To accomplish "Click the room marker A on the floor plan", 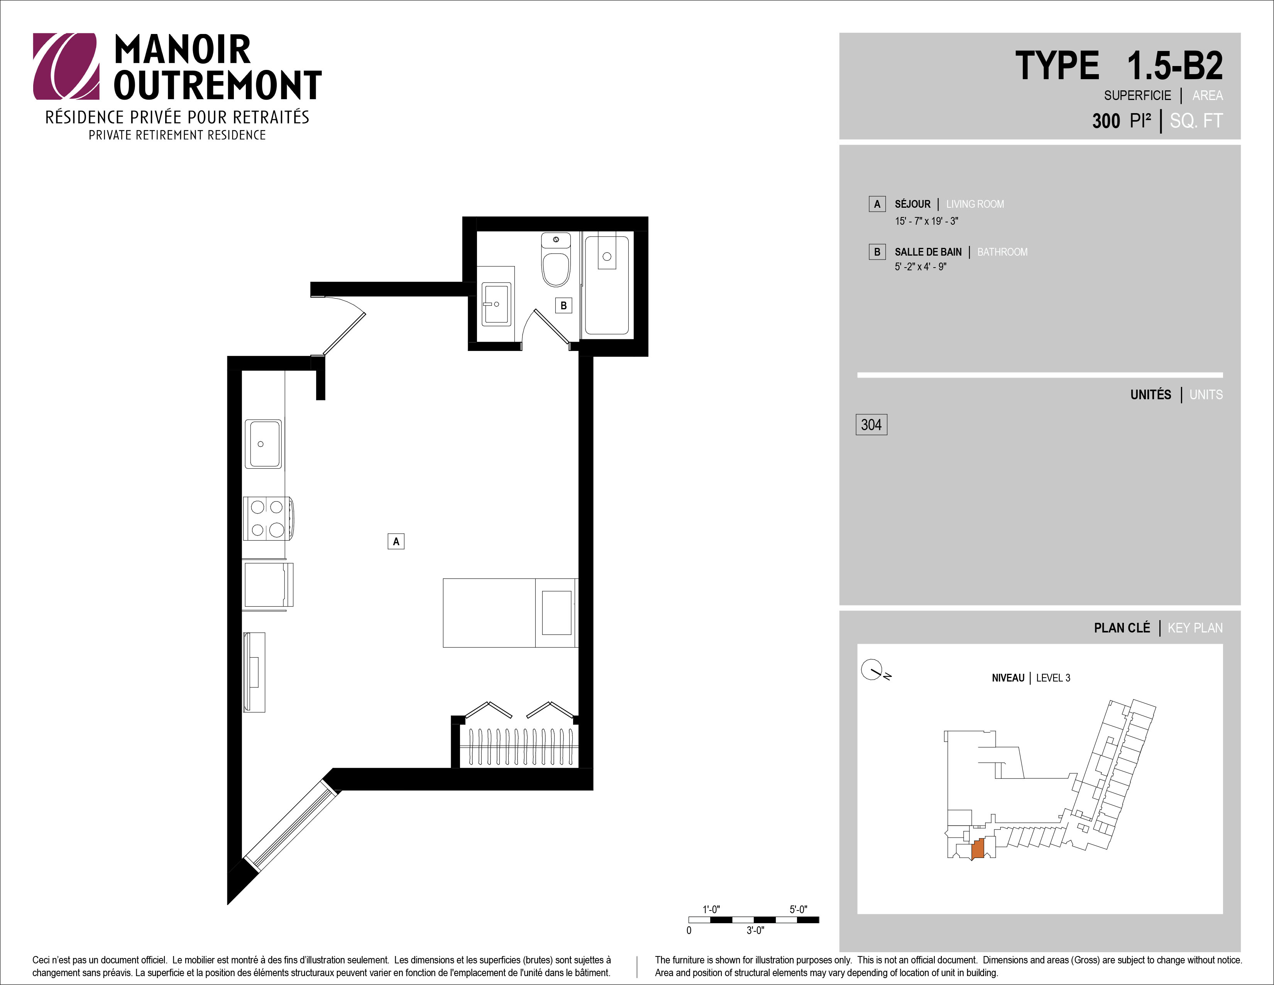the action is click(396, 541).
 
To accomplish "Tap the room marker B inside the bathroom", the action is click(563, 305).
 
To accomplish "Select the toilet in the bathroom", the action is click(556, 260).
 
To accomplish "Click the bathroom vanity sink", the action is click(496, 303).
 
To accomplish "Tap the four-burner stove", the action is click(268, 518).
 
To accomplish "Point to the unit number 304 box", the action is click(871, 425).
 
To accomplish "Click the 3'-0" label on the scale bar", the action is click(755, 931).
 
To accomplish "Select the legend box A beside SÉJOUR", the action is click(877, 204).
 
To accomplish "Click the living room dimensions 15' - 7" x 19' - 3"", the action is click(926, 221).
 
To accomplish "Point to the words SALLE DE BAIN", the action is click(928, 252).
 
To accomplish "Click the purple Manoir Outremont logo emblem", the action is click(65, 66).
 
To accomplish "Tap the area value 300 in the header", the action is click(1106, 121).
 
